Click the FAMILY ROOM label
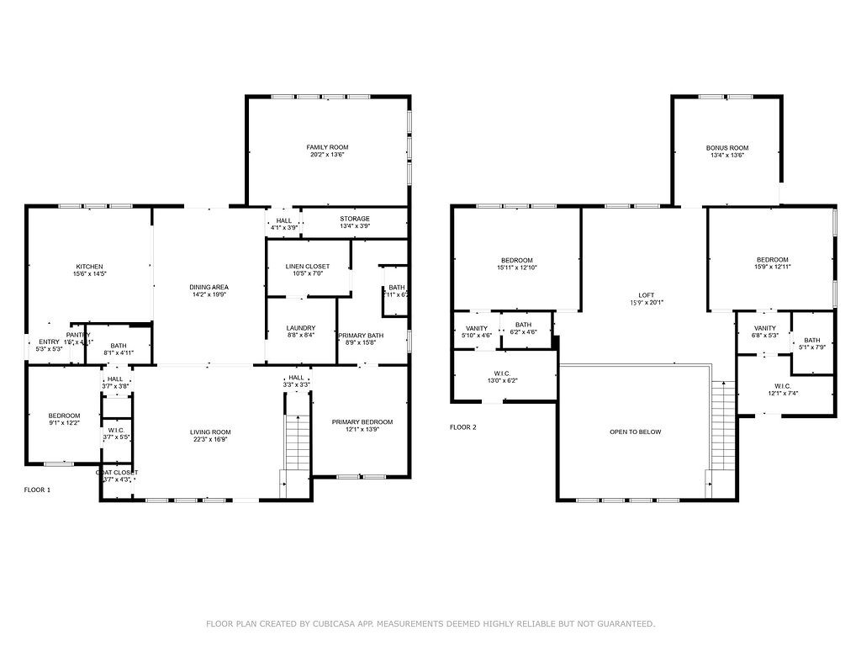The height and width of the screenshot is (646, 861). click(x=327, y=147)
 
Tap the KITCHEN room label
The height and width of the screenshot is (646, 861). click(x=89, y=266)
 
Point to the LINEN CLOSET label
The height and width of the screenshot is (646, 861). click(x=308, y=267)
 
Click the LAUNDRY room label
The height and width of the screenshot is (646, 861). click(x=300, y=328)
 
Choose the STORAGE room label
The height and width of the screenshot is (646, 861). click(x=354, y=219)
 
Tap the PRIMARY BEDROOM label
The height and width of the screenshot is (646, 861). click(x=362, y=422)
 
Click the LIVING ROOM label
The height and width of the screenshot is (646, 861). click(x=209, y=432)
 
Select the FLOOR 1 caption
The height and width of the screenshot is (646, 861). click(x=37, y=489)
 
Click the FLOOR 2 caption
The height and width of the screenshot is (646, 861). click(x=462, y=427)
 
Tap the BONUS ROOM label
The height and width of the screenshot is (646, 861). click(x=726, y=147)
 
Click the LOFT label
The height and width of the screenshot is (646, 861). click(x=646, y=295)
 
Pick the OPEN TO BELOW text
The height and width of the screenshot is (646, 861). click(x=635, y=432)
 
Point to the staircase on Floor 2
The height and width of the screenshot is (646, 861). click(x=722, y=425)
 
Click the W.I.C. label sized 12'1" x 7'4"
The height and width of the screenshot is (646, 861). click(x=783, y=386)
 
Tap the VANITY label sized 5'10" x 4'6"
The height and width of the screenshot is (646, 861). click(x=476, y=328)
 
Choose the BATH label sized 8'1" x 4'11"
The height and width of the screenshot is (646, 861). click(x=119, y=346)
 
